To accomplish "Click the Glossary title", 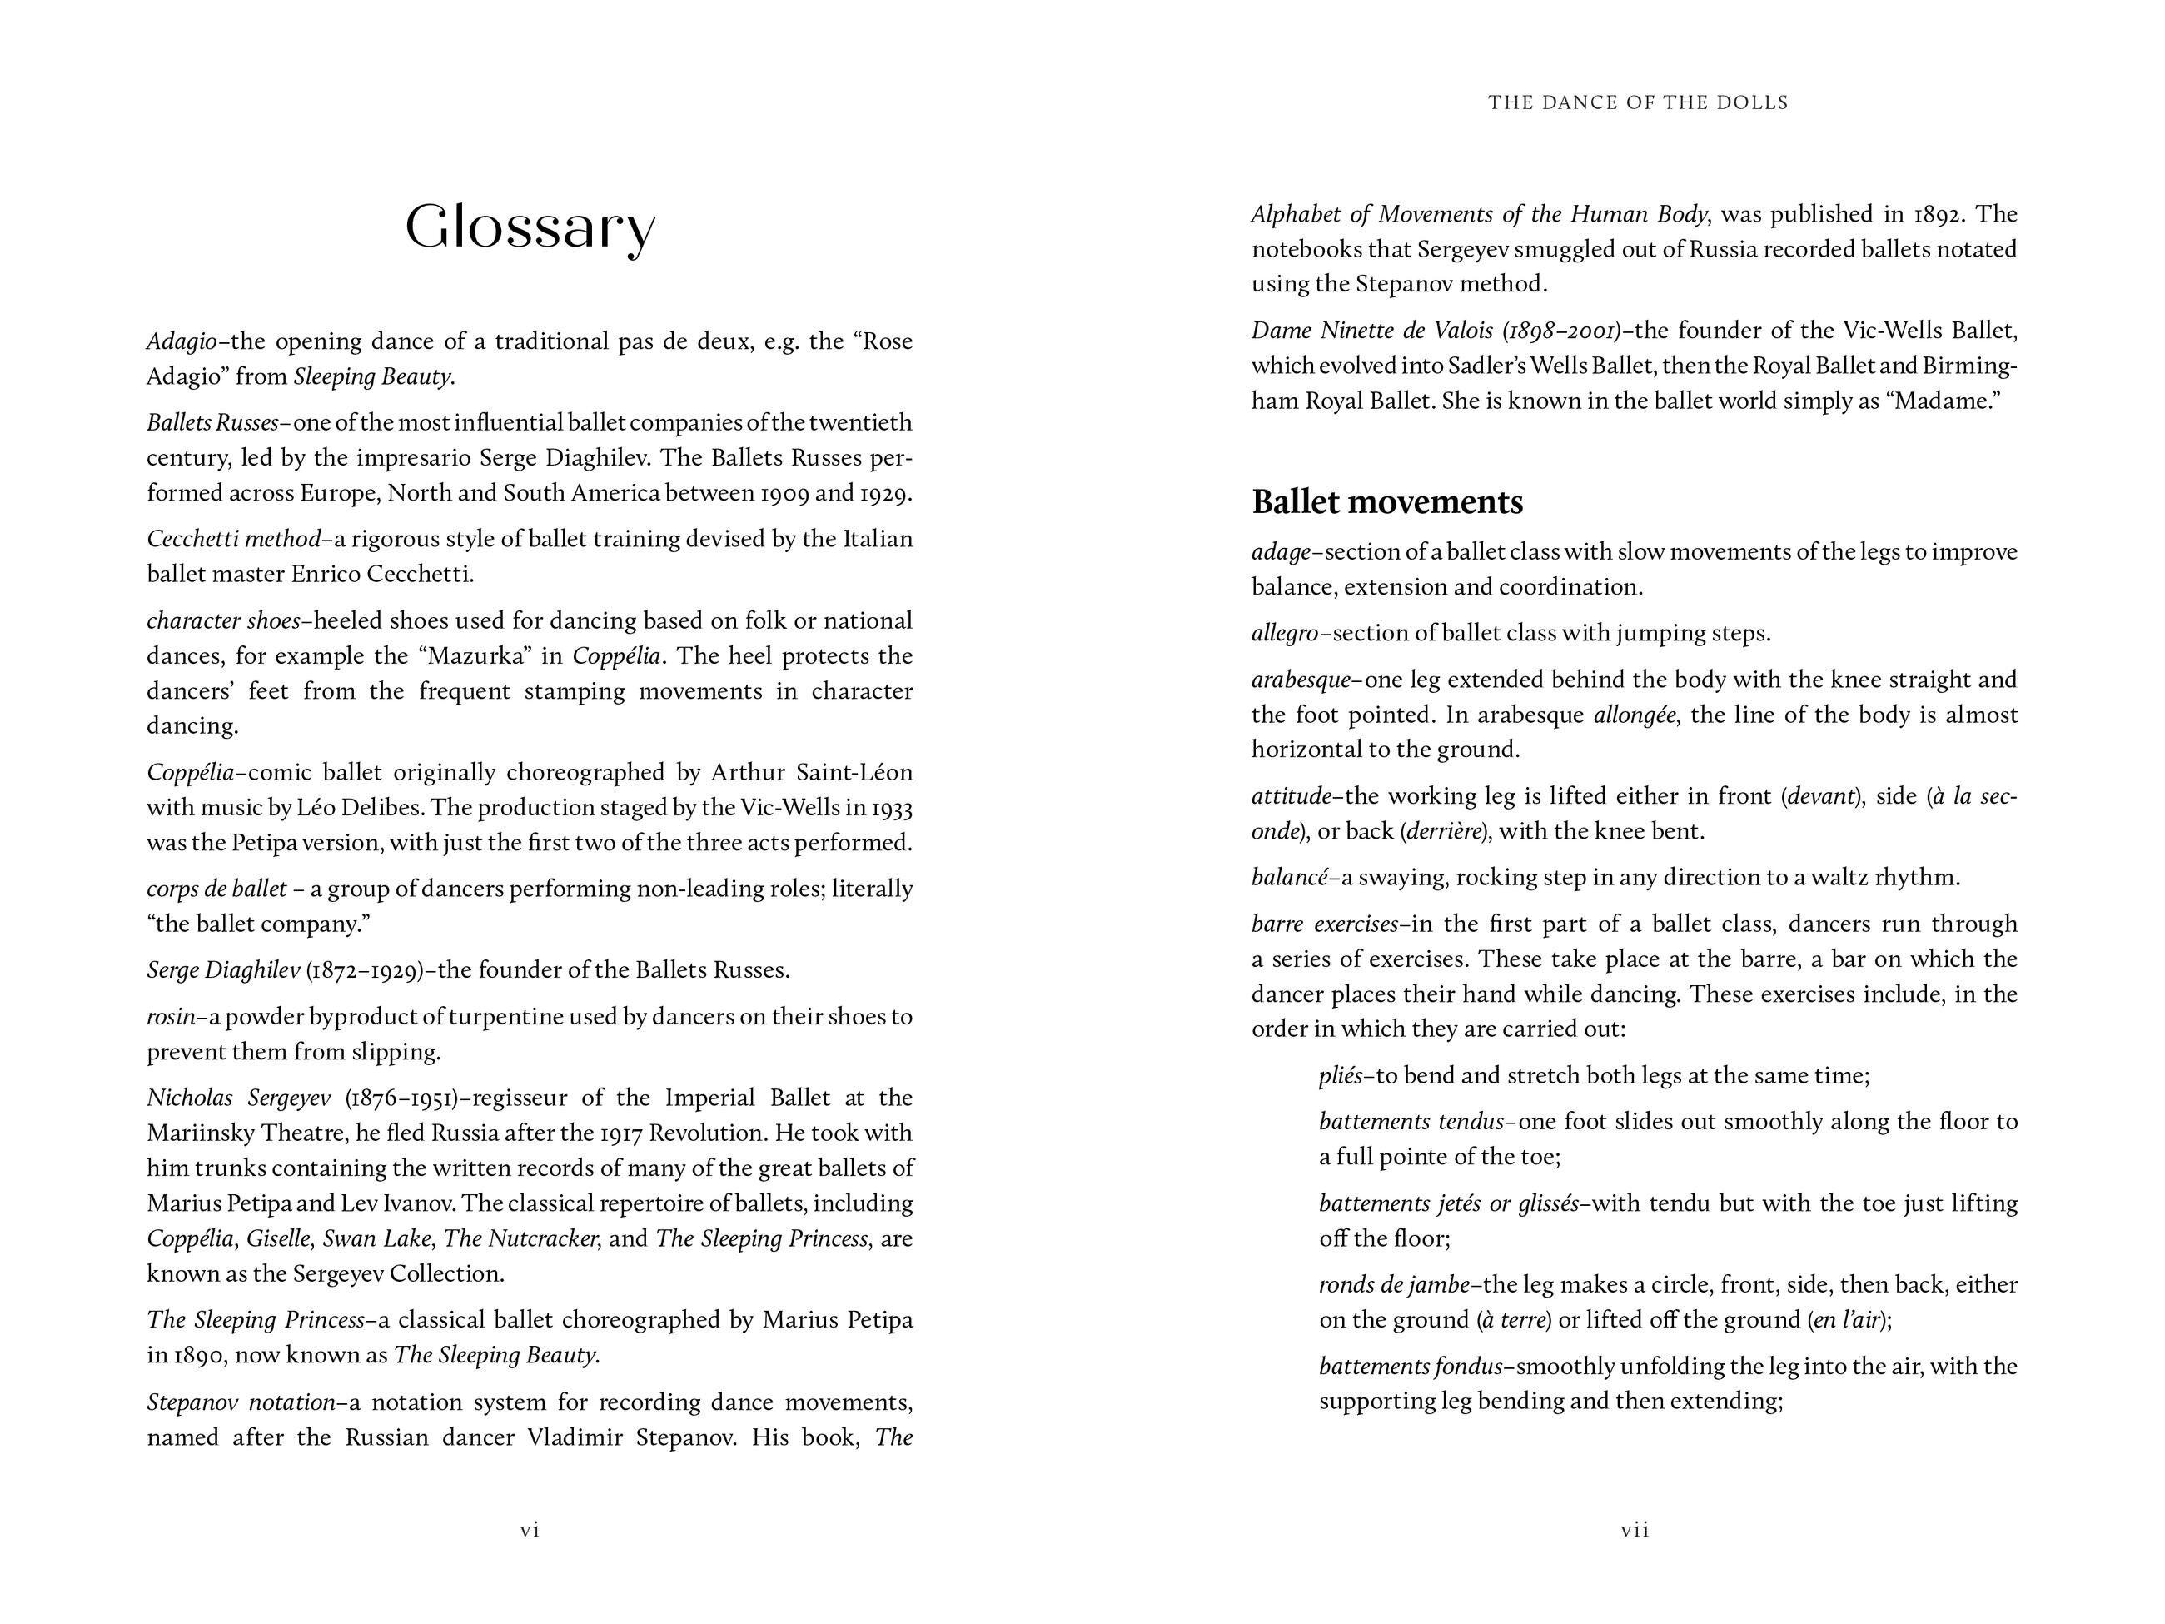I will [x=530, y=228].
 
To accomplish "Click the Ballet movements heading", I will [x=1387, y=502].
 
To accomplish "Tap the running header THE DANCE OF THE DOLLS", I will [x=1637, y=102].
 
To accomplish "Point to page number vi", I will [x=530, y=1530].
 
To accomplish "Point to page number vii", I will [x=1635, y=1530].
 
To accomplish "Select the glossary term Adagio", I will [x=181, y=341].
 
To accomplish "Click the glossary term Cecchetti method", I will [x=233, y=540].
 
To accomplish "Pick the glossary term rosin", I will [x=171, y=1017].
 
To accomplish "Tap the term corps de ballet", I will [x=216, y=889].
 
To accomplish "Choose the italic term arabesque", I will [x=1301, y=680].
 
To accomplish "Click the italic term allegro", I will [x=1285, y=633].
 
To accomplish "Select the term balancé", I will [x=1290, y=877].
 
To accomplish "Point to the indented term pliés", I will [x=1341, y=1076].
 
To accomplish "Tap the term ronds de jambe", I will [x=1394, y=1284].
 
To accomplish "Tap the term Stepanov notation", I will [x=241, y=1402].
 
